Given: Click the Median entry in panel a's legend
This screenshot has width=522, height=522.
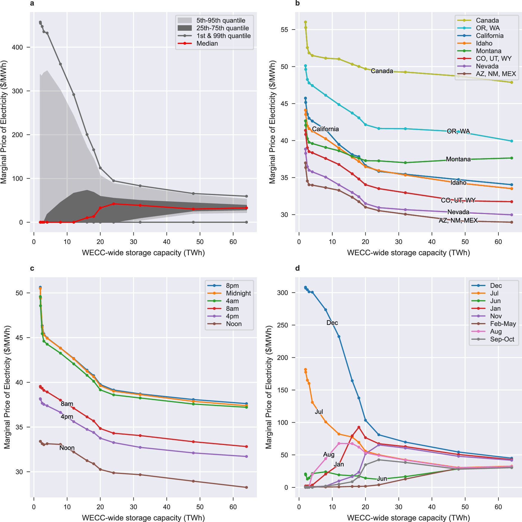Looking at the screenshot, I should tap(207, 44).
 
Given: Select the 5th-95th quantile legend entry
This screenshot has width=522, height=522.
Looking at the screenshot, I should tap(220, 21).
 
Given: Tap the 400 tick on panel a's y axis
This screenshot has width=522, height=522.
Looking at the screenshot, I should tap(17, 47).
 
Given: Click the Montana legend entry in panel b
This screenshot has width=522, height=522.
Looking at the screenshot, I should tap(488, 51).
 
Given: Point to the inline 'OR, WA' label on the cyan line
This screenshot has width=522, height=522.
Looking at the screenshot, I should tap(458, 131).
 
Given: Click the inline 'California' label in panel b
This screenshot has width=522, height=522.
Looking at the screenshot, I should tap(325, 129).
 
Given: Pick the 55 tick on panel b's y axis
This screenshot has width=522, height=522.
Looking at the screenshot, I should tap(284, 30).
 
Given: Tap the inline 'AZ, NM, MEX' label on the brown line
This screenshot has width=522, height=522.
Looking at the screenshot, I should tap(458, 220).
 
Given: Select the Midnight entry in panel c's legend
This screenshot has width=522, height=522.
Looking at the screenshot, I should tap(238, 293).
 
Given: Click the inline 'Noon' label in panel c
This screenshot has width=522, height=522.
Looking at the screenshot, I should tap(67, 448).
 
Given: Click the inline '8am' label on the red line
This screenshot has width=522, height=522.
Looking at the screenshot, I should tap(67, 404).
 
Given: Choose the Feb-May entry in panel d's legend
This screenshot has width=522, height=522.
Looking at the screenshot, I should tap(503, 324).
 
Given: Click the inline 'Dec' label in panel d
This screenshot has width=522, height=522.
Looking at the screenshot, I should tap(332, 323).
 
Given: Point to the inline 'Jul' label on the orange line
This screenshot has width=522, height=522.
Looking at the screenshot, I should tap(319, 412).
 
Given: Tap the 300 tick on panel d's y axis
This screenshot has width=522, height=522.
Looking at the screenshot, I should tap(282, 293).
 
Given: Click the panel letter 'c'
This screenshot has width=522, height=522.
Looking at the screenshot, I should tap(32, 268).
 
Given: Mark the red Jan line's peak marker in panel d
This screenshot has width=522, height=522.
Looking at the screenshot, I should tap(359, 427).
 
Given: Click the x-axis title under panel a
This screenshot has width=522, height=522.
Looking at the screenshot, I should tap(143, 253).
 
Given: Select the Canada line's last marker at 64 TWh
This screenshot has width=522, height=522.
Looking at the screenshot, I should tap(512, 82).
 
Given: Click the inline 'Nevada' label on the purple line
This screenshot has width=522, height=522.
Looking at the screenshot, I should tap(458, 212).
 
